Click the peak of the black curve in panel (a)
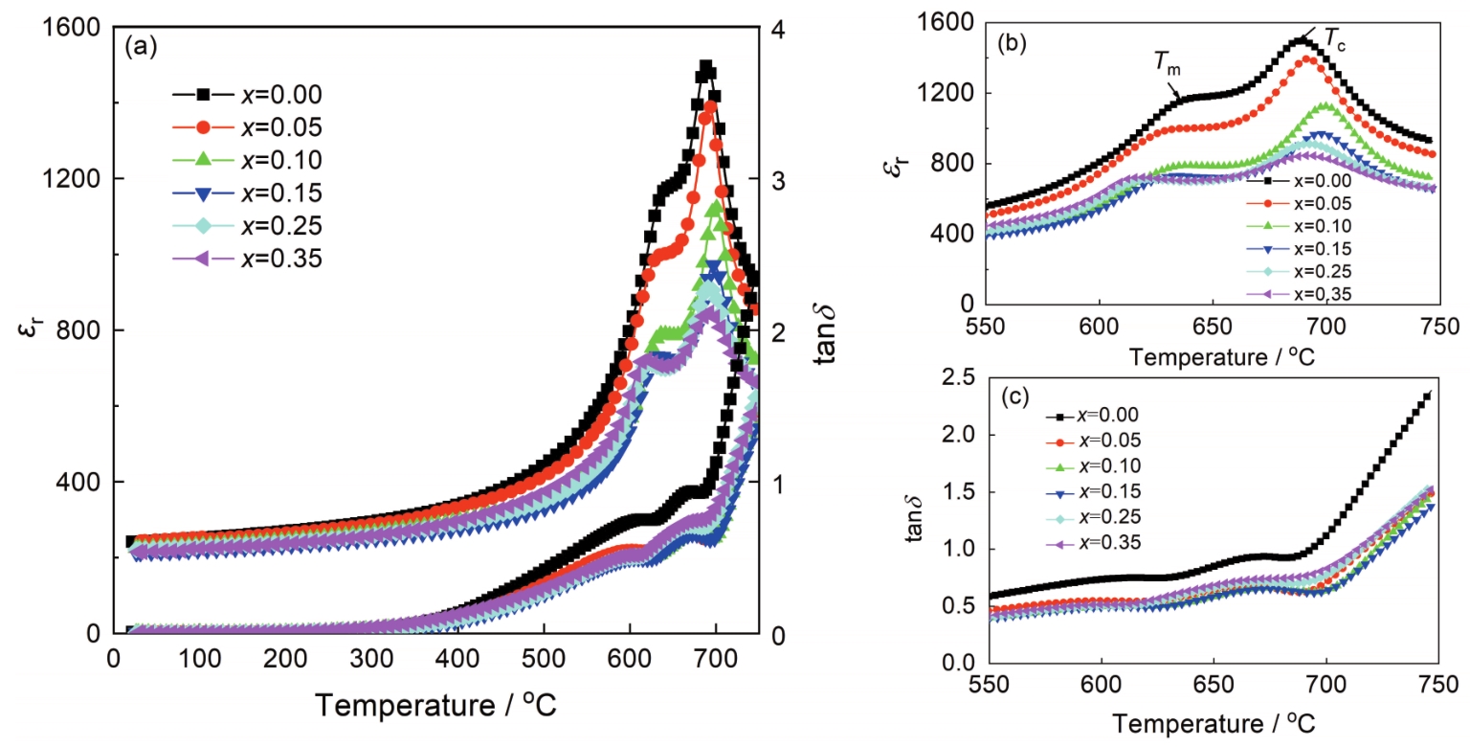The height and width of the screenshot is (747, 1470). pyautogui.click(x=706, y=68)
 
